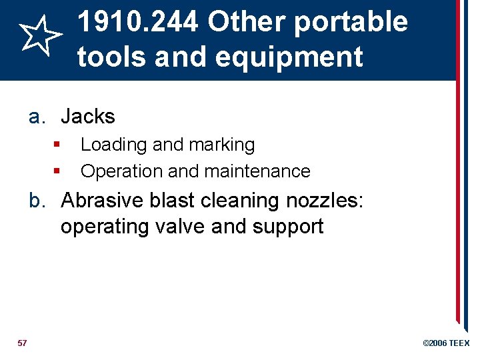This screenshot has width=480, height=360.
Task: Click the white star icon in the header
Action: (41, 37)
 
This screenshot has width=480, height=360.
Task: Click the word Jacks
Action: (88, 117)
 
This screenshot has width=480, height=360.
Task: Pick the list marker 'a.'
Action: (38, 117)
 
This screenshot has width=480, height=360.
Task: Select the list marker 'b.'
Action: (38, 200)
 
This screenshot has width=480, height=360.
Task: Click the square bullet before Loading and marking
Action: (58, 144)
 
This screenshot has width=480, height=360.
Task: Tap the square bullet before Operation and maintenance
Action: (58, 171)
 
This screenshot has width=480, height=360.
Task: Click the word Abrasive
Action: (101, 200)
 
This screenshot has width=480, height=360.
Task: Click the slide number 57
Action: (23, 343)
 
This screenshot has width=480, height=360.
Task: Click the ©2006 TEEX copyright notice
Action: (446, 343)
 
